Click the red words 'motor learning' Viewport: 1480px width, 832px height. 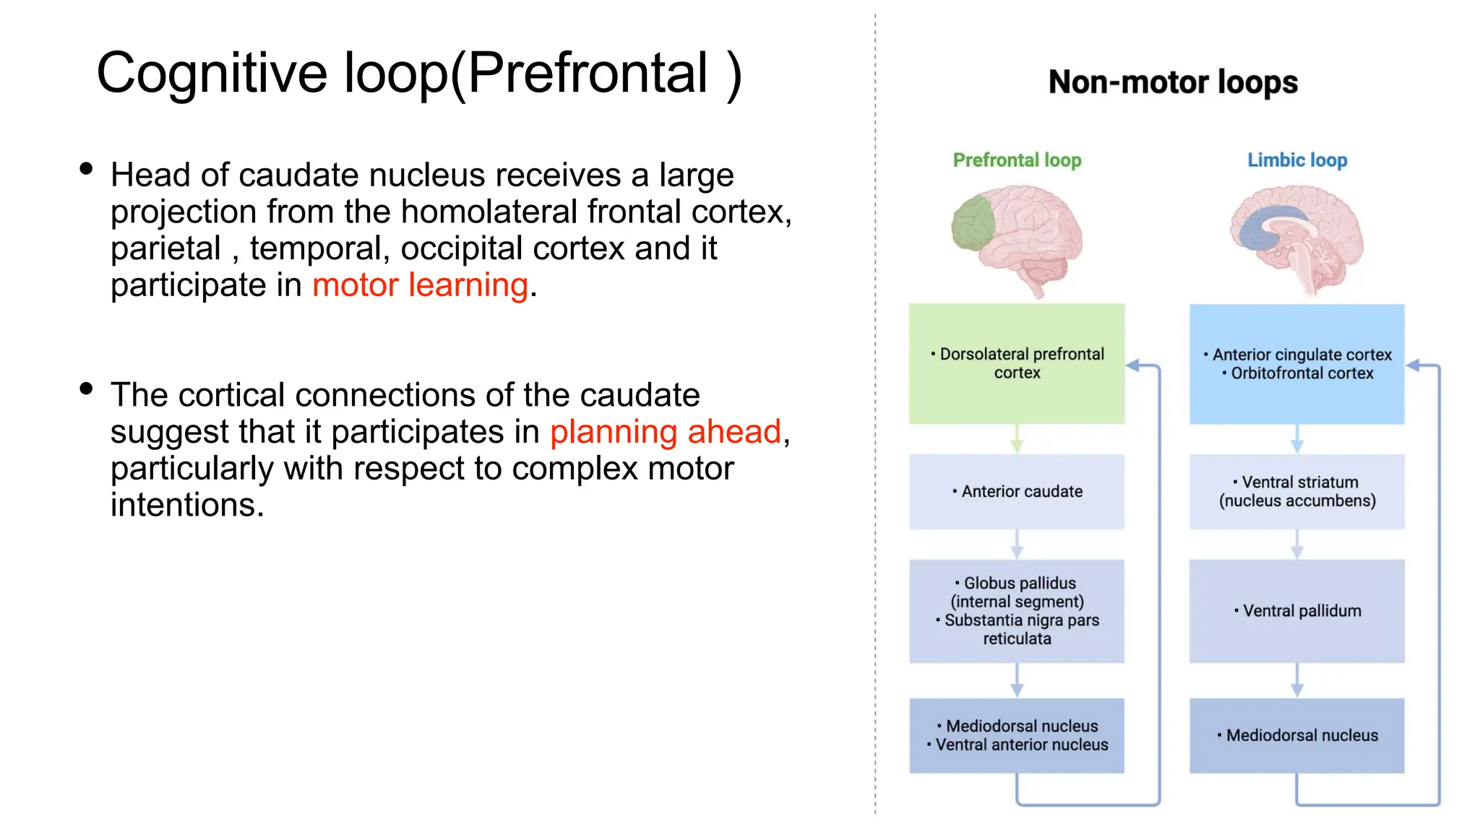click(x=420, y=285)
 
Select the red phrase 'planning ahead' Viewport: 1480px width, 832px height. click(x=665, y=432)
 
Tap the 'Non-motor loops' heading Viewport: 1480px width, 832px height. click(x=1173, y=82)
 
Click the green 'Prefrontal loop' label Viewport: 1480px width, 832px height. click(x=1017, y=160)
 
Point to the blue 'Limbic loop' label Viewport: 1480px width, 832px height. click(x=1297, y=160)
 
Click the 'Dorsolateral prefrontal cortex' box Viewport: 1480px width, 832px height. click(x=1017, y=363)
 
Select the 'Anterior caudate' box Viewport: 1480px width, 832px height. click(x=1017, y=491)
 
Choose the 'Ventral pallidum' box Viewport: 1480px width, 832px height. click(x=1297, y=611)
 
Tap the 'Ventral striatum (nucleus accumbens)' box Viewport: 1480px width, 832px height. click(x=1297, y=491)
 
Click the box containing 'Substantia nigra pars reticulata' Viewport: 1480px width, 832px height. click(x=1017, y=611)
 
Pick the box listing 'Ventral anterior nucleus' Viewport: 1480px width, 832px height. click(x=1017, y=735)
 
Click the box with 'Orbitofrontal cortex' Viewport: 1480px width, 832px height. click(x=1297, y=363)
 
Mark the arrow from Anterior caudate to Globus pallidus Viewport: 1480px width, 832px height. click(x=1017, y=545)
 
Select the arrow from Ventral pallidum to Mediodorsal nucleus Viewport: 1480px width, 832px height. click(x=1297, y=680)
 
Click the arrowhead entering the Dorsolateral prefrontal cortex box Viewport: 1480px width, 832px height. click(x=1133, y=365)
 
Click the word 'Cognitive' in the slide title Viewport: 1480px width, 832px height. click(x=212, y=73)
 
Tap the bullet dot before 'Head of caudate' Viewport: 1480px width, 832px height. click(x=87, y=169)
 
